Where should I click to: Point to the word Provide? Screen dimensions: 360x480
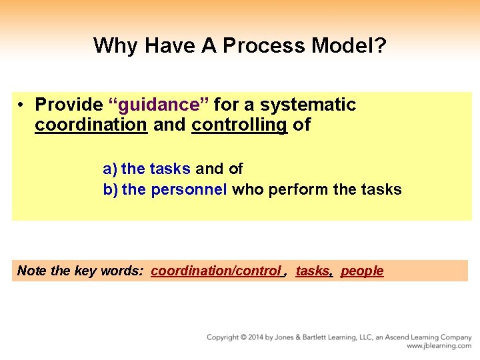[x=69, y=105]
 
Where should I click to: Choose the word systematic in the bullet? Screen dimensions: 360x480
[x=308, y=105]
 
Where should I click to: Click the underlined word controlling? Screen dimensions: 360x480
[x=239, y=125]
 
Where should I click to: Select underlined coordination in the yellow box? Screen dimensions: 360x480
[x=91, y=125]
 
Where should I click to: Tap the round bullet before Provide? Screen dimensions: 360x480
[x=22, y=105]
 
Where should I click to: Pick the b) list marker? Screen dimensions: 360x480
[x=111, y=189]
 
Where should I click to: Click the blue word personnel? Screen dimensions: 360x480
[x=189, y=189]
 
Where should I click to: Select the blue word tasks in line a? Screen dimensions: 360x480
[x=170, y=169]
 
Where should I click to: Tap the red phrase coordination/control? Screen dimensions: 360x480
[x=216, y=271]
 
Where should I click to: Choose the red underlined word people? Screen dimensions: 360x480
[x=362, y=271]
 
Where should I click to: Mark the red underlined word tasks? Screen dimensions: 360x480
[x=313, y=271]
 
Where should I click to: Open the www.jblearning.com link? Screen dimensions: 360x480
[x=439, y=346]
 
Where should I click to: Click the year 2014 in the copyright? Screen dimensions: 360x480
[x=257, y=337]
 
